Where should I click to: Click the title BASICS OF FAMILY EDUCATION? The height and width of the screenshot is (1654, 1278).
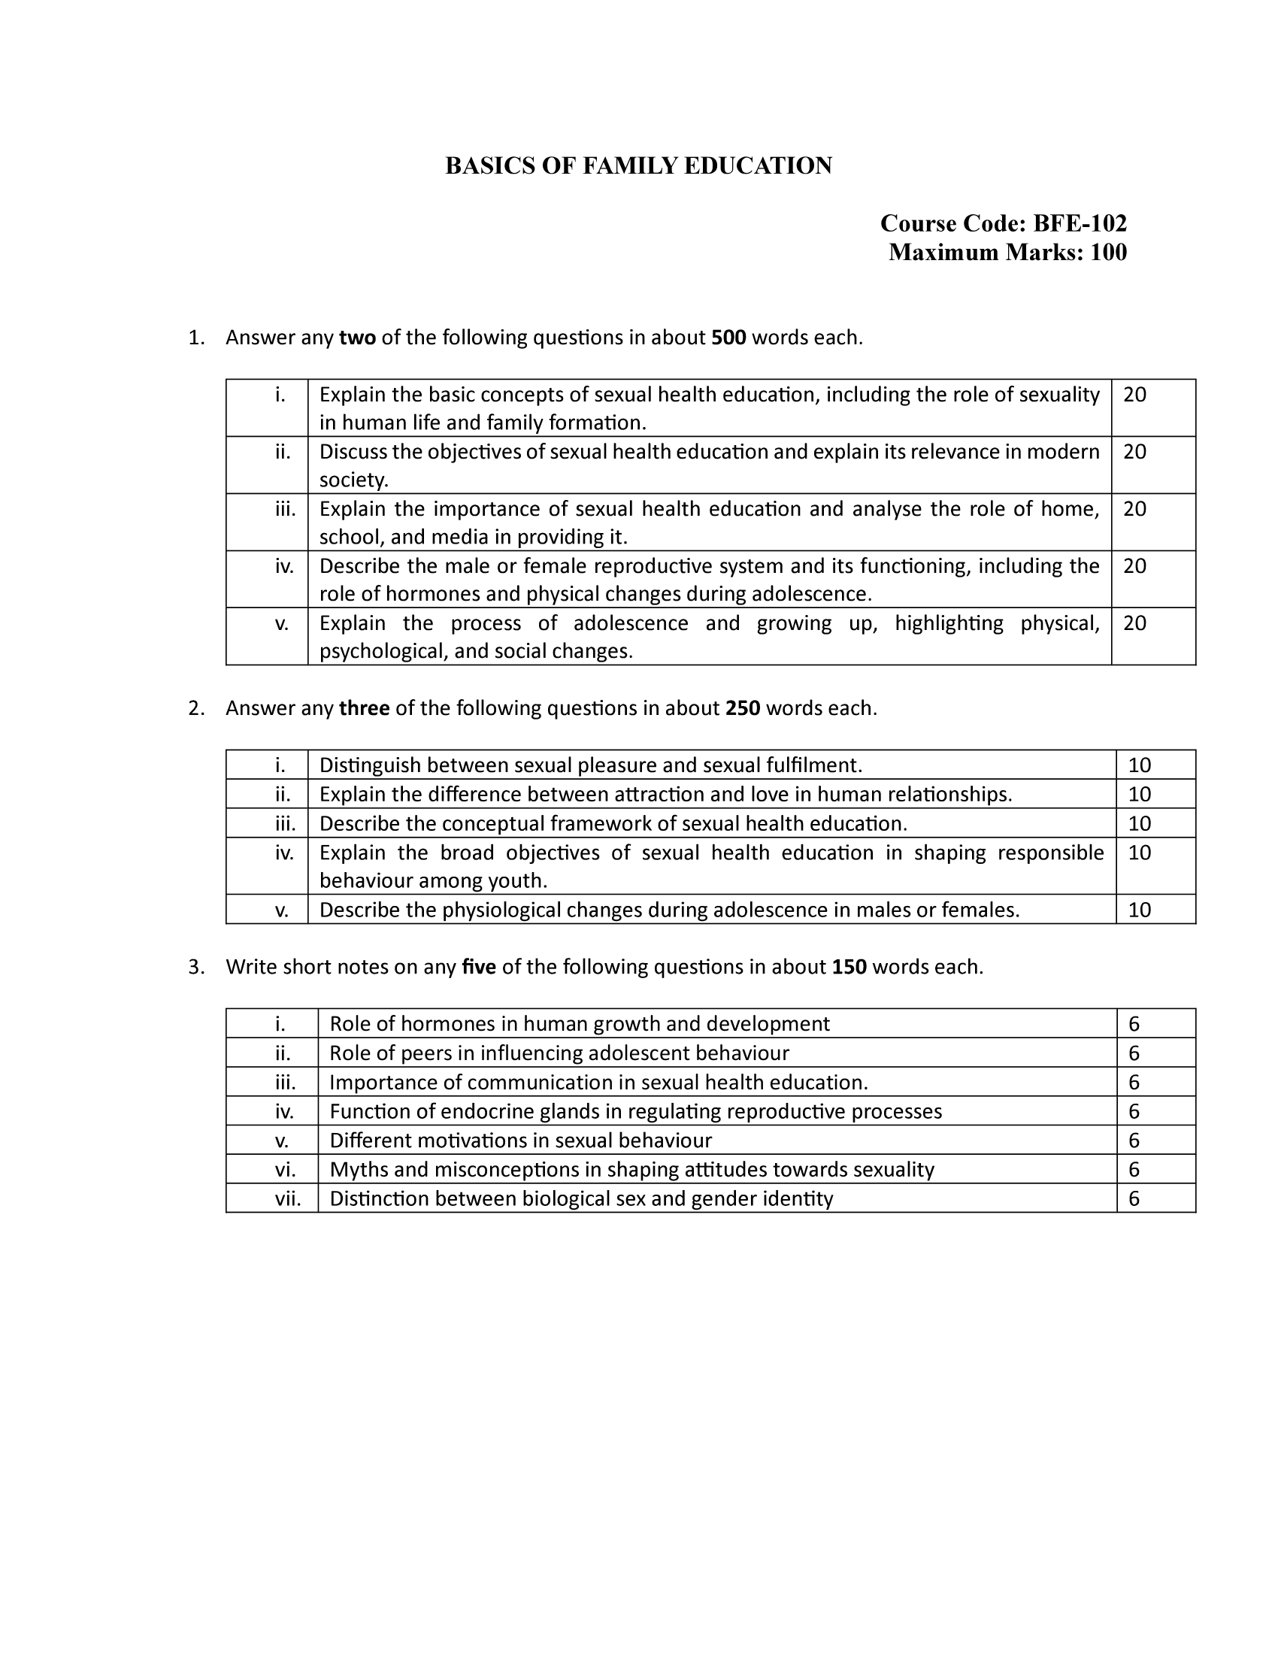pos(638,166)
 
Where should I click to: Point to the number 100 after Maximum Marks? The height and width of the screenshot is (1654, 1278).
pos(1108,252)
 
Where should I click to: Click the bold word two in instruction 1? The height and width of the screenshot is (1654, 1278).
pos(357,338)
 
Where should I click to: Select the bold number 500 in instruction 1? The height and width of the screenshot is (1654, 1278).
pos(728,338)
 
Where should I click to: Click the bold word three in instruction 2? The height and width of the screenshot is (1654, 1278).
pos(364,708)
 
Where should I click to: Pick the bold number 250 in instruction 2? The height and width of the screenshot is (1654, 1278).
pos(743,708)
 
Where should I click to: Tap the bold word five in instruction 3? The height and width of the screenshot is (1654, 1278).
pos(478,967)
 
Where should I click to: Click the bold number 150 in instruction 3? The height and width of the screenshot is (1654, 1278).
pos(849,967)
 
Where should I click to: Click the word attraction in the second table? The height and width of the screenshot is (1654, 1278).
pos(647,795)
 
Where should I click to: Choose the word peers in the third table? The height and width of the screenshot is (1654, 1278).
pos(425,1053)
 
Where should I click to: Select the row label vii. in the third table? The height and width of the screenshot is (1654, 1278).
pos(288,1199)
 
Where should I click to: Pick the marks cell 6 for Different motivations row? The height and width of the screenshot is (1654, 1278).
pos(1134,1141)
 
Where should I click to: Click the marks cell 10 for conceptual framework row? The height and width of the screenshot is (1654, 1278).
pos(1139,824)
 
